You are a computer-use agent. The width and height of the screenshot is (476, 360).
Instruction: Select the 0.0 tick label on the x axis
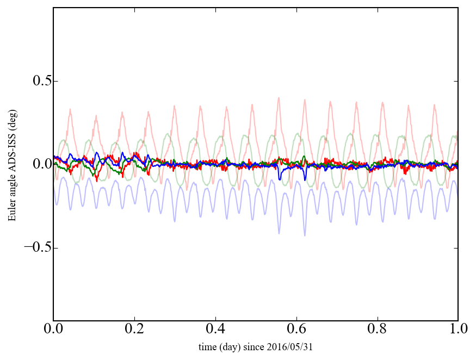[x=53, y=330]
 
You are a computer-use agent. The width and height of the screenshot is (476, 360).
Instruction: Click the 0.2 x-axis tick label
[x=134, y=330]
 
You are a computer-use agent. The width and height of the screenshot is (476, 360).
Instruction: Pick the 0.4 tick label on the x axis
[x=215, y=330]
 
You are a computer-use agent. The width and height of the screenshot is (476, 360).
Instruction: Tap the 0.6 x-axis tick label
[x=296, y=330]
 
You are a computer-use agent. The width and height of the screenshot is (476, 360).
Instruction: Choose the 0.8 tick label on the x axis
[x=377, y=330]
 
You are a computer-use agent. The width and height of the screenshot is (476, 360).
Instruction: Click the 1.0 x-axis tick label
[x=458, y=330]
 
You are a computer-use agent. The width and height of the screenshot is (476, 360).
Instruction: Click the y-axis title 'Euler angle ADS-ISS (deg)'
[x=11, y=164]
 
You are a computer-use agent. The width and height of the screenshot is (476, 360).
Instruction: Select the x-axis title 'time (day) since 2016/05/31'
[x=256, y=347]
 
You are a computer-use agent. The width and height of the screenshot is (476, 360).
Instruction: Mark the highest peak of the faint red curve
[x=279, y=98]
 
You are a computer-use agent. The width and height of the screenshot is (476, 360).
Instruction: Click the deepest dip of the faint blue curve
[x=305, y=235]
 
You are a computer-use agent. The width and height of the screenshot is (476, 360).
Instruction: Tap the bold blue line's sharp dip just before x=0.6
[x=280, y=179]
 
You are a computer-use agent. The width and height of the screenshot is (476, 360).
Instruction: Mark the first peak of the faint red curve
[x=70, y=109]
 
